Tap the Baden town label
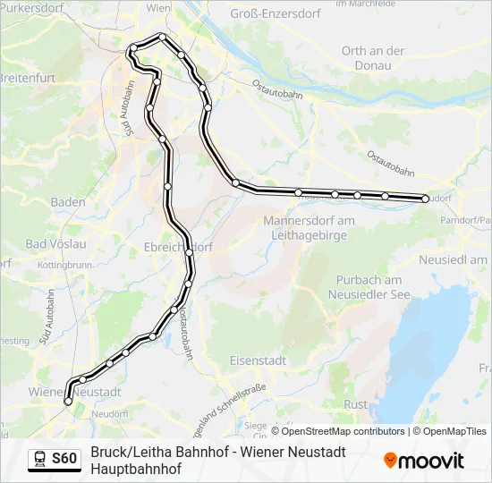[x=68, y=202]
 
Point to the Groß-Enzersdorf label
[x=276, y=13]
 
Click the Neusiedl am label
[x=454, y=259]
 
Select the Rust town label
[x=355, y=404]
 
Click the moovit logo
[x=424, y=461]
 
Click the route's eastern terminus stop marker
[x=426, y=199]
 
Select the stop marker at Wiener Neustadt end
[x=67, y=402]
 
